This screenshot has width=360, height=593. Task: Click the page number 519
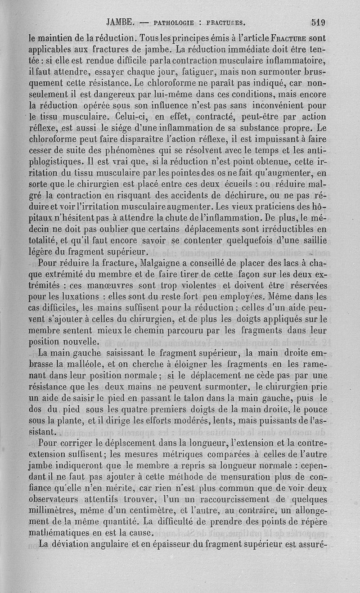318,22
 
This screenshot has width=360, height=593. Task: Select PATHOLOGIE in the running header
174,22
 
